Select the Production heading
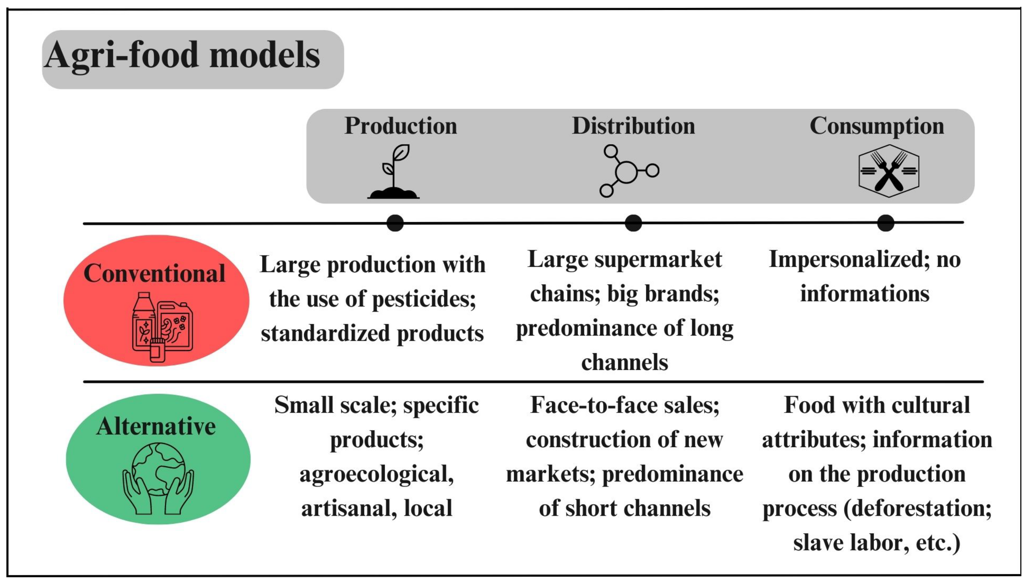pos(401,126)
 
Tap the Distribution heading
pos(633,126)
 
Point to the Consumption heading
pos(877,126)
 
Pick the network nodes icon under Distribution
pos(628,171)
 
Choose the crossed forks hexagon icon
pos(889,171)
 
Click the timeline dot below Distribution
pos(633,223)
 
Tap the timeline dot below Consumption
pos(886,223)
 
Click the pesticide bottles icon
pos(162,327)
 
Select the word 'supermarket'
pos(658,260)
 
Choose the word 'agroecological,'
pos(377,474)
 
